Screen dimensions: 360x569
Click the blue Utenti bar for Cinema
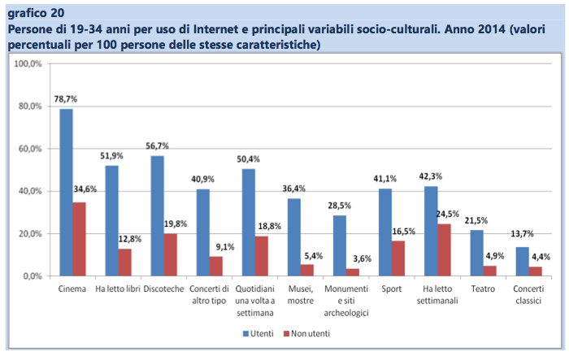tap(66, 193)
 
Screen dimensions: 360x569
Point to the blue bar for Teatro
tap(476, 253)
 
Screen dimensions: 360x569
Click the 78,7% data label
tap(66, 99)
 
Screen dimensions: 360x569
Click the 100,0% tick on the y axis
tap(30, 64)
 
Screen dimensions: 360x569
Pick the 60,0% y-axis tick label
tap(32, 150)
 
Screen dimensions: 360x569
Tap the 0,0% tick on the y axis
tap(33, 276)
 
